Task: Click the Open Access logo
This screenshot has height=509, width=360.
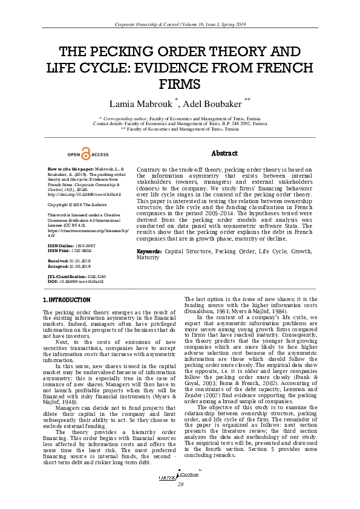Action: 88,155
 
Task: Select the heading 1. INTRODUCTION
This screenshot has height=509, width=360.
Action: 67,300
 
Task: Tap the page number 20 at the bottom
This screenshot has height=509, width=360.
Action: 180,502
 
